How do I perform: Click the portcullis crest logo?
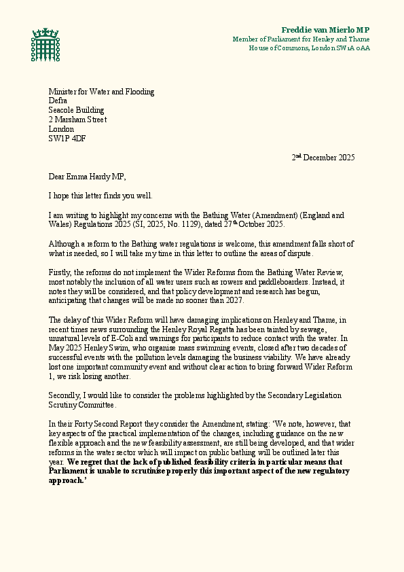(x=45, y=44)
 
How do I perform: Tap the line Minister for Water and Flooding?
(x=101, y=92)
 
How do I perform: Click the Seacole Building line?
(x=76, y=111)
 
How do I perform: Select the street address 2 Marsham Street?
(x=77, y=120)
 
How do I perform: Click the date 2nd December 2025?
(x=323, y=158)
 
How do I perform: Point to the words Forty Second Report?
(x=117, y=423)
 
